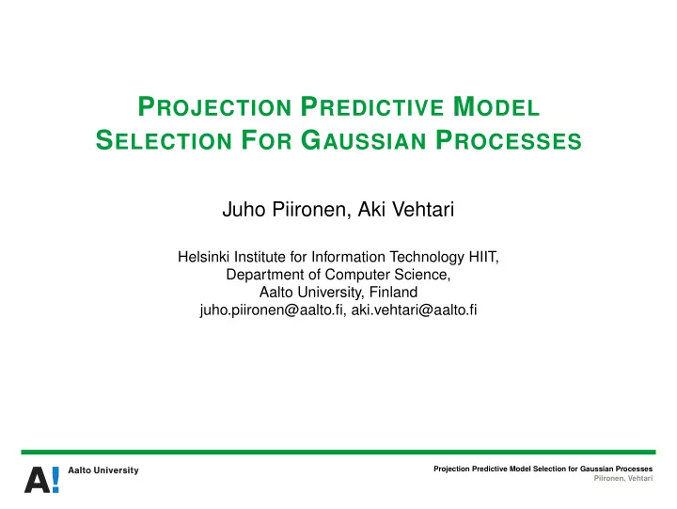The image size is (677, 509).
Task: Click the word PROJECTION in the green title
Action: (x=215, y=106)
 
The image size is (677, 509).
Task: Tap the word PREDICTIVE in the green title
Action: (x=372, y=106)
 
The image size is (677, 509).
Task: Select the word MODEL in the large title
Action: (x=496, y=106)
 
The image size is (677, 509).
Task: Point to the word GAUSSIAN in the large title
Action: (x=364, y=140)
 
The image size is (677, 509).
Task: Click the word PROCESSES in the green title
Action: (x=509, y=140)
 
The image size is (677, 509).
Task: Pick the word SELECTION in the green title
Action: (x=164, y=140)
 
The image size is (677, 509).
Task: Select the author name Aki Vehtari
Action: (x=406, y=210)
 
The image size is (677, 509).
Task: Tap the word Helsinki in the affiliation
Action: (x=204, y=257)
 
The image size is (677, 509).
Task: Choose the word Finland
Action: (x=393, y=293)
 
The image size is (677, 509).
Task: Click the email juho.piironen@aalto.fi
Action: (x=273, y=310)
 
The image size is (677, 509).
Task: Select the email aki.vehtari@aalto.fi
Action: (x=414, y=310)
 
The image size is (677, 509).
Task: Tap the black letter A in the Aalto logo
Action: (x=37, y=480)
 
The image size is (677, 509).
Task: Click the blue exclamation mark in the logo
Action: (x=55, y=480)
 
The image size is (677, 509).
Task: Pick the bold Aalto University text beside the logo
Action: (x=103, y=470)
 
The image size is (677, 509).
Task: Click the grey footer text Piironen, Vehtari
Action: (x=623, y=478)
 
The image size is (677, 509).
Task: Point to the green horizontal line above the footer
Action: (x=338, y=452)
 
